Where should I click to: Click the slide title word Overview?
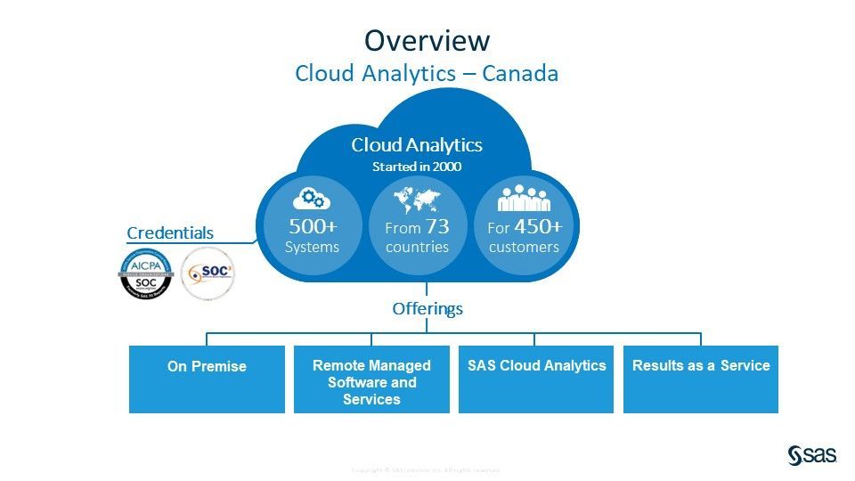(427, 40)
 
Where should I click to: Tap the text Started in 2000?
(417, 167)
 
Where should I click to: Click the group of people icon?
(524, 197)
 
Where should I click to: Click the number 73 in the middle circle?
(437, 226)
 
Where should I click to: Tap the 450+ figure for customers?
(538, 226)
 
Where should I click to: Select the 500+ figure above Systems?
(312, 226)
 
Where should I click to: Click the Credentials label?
(170, 233)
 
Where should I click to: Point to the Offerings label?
(427, 309)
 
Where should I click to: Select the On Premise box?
(207, 379)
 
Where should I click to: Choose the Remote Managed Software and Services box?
(371, 379)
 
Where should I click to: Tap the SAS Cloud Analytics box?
(536, 379)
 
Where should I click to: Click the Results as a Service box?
(701, 379)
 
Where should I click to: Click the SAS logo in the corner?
(811, 454)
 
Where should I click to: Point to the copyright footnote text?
(427, 470)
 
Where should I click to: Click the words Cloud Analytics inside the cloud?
(417, 145)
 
